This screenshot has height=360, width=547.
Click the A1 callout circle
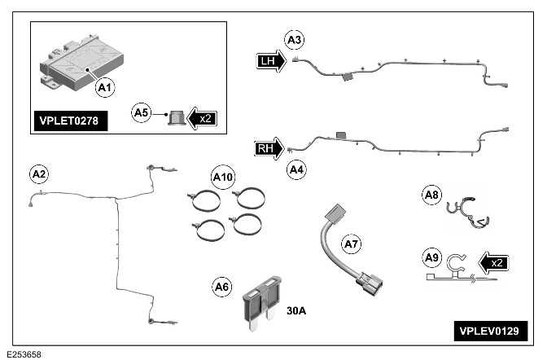pyautogui.click(x=104, y=85)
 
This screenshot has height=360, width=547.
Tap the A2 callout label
pyautogui.click(x=38, y=173)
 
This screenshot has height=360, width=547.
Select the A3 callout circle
pyautogui.click(x=294, y=38)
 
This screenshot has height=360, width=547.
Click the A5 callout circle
pyautogui.click(x=142, y=113)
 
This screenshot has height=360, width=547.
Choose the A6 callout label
pyautogui.click(x=221, y=287)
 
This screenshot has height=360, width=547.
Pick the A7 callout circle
pyautogui.click(x=351, y=243)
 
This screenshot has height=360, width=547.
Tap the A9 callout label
pyautogui.click(x=431, y=258)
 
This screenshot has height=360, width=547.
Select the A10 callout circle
pyautogui.click(x=221, y=176)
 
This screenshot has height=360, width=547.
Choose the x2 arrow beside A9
pyautogui.click(x=491, y=263)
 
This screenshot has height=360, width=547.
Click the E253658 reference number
pyautogui.click(x=24, y=354)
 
